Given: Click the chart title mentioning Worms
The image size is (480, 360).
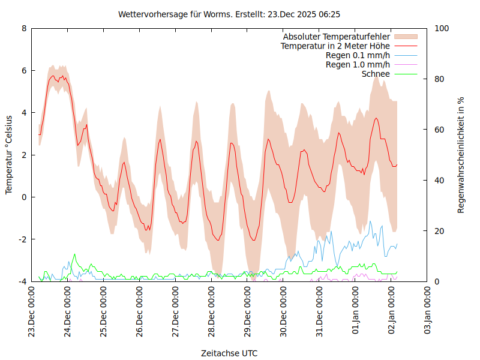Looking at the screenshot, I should pos(230,14).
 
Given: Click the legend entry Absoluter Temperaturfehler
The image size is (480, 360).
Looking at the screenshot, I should pos(337,37).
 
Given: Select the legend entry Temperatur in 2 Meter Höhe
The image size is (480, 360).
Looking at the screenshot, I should pos(335,46).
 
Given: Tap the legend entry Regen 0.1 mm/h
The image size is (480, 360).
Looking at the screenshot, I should pos(358,55).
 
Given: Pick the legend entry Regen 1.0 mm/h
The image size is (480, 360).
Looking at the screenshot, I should pos(358,65).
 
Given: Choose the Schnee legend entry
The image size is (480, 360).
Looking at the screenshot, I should pos(376,74).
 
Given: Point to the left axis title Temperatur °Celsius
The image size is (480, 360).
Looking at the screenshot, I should pos(9,155).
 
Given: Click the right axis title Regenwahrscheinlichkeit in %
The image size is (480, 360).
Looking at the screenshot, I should pos(461,155).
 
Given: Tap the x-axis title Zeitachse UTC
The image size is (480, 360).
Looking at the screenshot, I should pos(230,353).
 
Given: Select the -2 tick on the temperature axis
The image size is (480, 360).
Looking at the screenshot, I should pos(23,239).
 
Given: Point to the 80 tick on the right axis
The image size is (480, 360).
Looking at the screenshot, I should pos(439,79).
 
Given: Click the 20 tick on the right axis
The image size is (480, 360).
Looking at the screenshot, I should pos(439,231).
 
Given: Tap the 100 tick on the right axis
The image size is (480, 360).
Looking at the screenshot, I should pos(441,28).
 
